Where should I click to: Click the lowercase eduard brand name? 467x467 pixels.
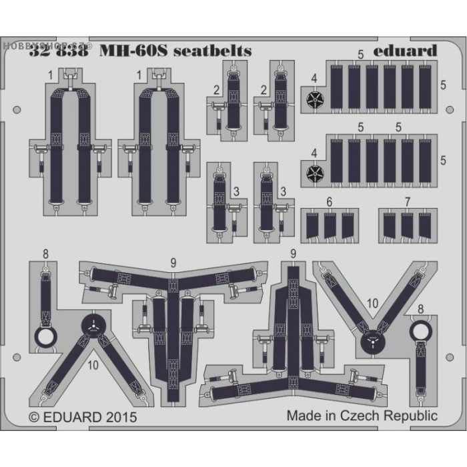click(406, 51)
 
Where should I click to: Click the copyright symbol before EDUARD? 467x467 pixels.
click(35, 417)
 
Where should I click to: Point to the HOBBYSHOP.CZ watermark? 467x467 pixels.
click(23, 5)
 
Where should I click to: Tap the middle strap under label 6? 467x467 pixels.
click(329, 227)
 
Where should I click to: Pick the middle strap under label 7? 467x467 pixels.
click(407, 227)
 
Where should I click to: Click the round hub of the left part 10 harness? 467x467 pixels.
click(94, 326)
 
